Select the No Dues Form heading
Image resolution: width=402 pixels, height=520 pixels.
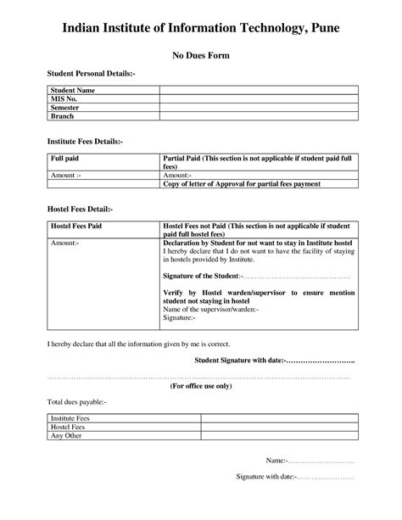pos(201,57)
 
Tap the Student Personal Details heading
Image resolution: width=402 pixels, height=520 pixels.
pos(91,75)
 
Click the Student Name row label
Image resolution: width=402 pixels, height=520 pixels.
pos(72,90)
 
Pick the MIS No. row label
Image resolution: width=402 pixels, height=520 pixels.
pos(64,98)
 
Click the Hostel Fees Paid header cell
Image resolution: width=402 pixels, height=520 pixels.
pos(77,227)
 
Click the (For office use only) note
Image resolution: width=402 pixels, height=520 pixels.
pos(201,384)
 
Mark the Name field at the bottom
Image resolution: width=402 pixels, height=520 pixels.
pos(310,460)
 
